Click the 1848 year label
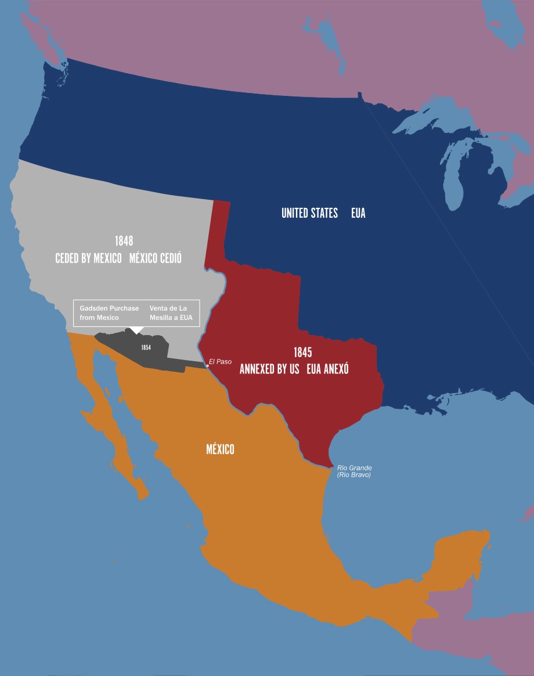coord(124,241)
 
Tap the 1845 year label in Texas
coord(302,353)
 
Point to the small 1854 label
coord(146,347)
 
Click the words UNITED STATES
coord(309,213)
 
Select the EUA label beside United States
coord(358,213)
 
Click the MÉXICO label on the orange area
coord(220,449)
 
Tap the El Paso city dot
coord(207,366)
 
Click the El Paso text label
coord(220,362)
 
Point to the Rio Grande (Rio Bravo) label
coord(354,471)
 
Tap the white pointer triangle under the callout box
coord(136,330)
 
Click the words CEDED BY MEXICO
coord(88,258)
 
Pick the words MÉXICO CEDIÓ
coord(155,258)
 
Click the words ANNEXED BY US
coord(269,369)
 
